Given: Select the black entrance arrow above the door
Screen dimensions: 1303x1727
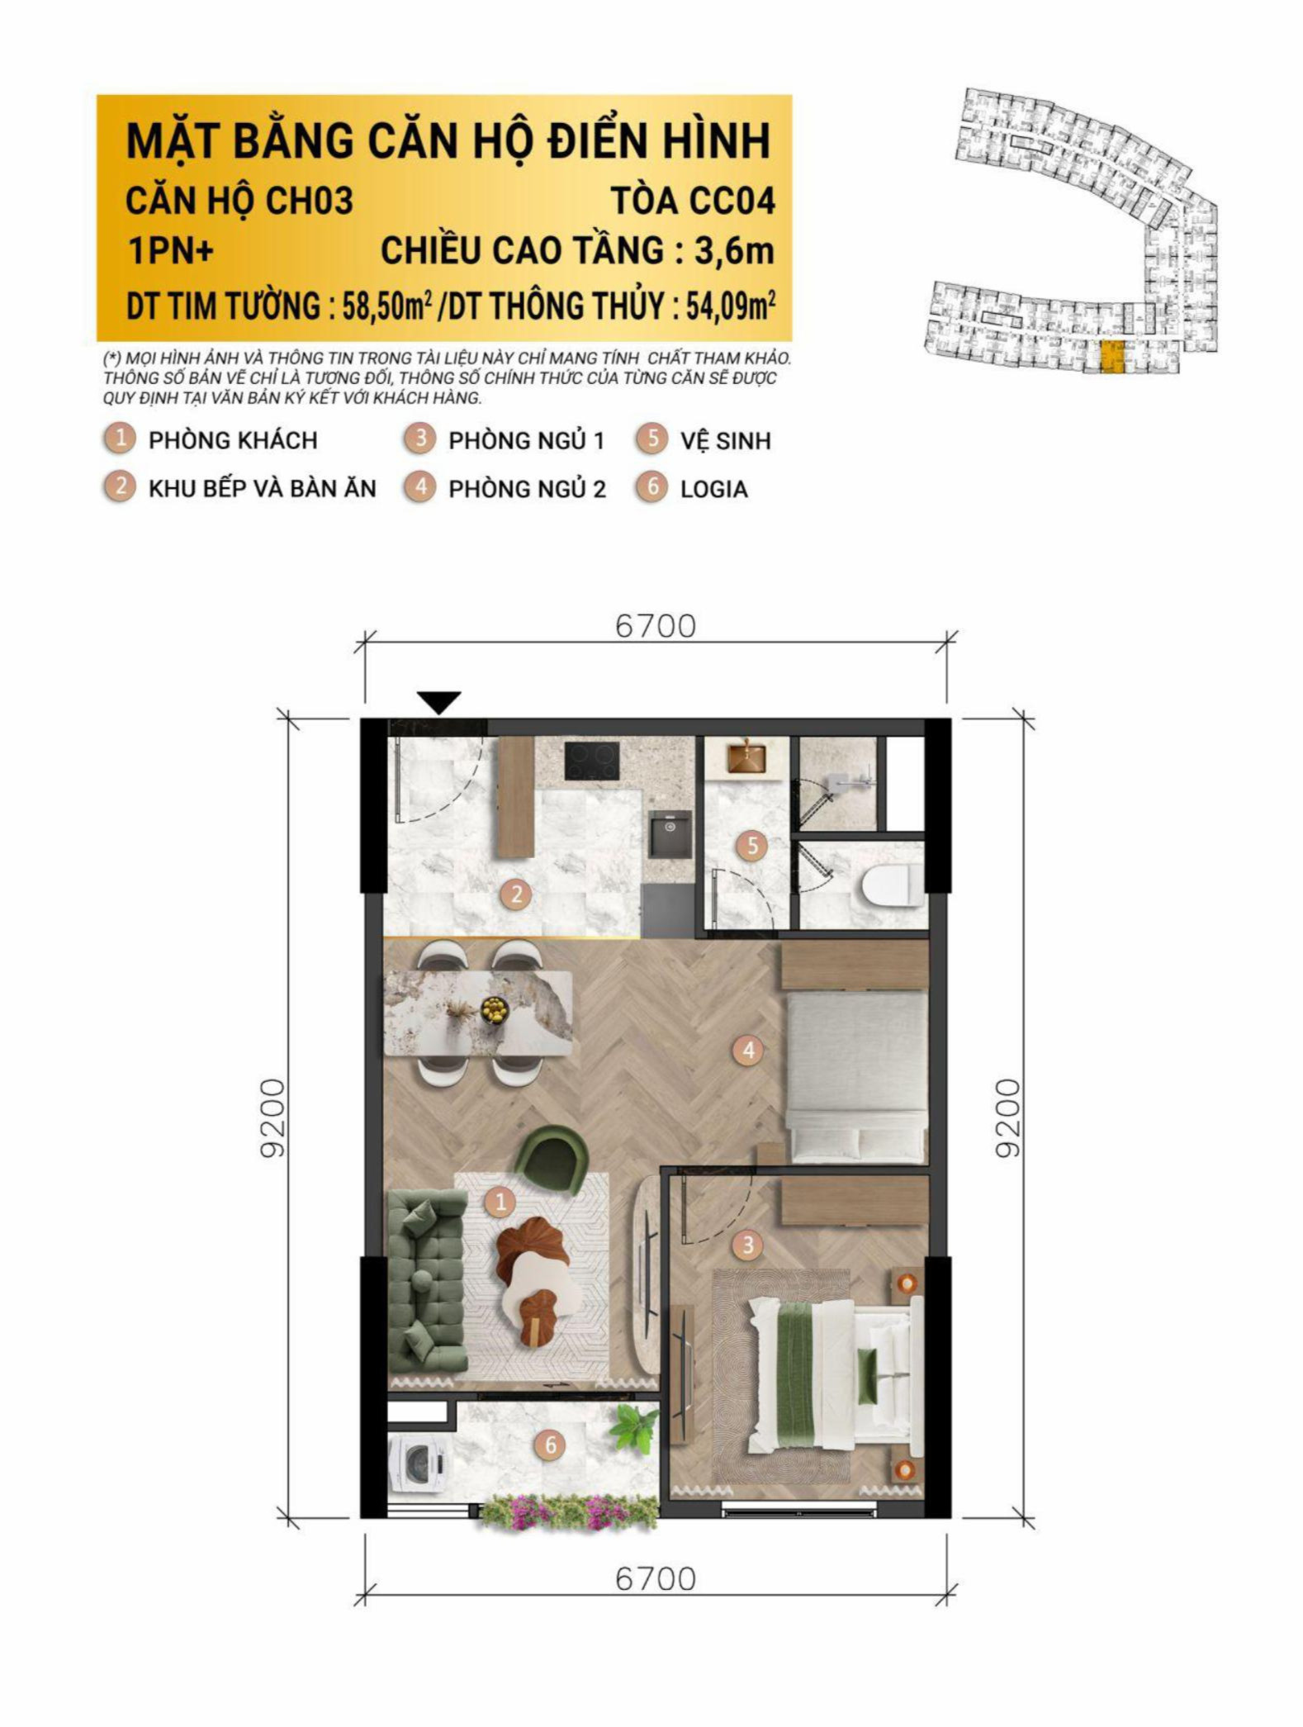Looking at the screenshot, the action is coord(439,702).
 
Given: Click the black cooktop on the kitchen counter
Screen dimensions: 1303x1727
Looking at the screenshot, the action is coord(592,761).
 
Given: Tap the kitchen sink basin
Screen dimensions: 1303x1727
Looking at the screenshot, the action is coord(672,834).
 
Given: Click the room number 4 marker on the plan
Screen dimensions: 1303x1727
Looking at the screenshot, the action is coord(748,1050).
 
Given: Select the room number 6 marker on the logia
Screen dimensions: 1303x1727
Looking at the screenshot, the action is coord(550,1445).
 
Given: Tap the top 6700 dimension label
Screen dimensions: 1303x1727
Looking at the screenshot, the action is coord(656,627).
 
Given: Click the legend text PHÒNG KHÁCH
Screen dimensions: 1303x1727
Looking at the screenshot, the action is coord(233,440).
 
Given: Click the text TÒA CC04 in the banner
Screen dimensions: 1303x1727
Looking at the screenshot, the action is coord(693,202).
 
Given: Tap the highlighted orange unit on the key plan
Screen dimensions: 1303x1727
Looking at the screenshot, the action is coord(1111,356).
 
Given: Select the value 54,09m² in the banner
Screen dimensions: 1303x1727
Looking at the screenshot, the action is coord(732,306).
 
